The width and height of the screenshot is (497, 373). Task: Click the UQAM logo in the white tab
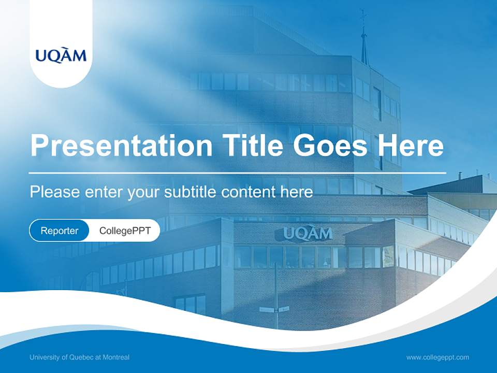(x=61, y=55)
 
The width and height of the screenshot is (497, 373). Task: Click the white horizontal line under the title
(x=238, y=173)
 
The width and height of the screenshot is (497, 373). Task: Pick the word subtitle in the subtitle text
(x=191, y=192)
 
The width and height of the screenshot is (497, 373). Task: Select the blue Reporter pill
(x=60, y=231)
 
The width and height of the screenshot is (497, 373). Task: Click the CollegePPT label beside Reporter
(x=125, y=231)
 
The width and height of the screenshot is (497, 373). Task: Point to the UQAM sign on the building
(x=308, y=234)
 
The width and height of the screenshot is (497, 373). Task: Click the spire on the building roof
(x=364, y=39)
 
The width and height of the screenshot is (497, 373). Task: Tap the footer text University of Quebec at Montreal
(x=80, y=357)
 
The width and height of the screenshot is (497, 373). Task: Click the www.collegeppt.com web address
(x=437, y=357)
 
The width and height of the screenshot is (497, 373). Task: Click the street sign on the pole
(x=274, y=309)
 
